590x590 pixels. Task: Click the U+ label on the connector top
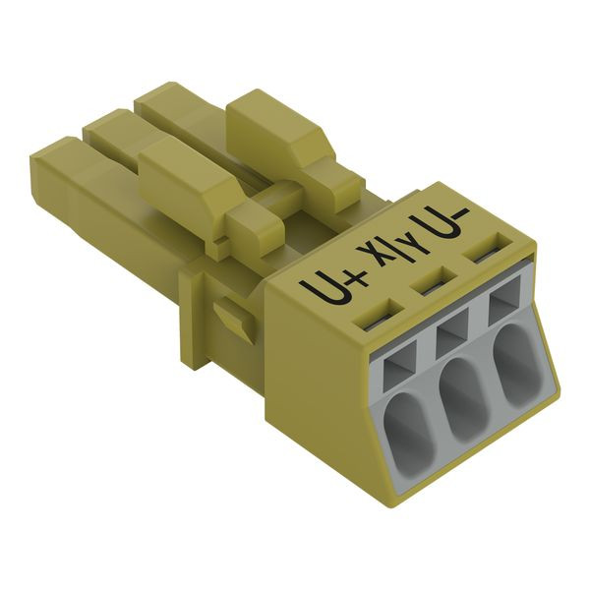[332, 287]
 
